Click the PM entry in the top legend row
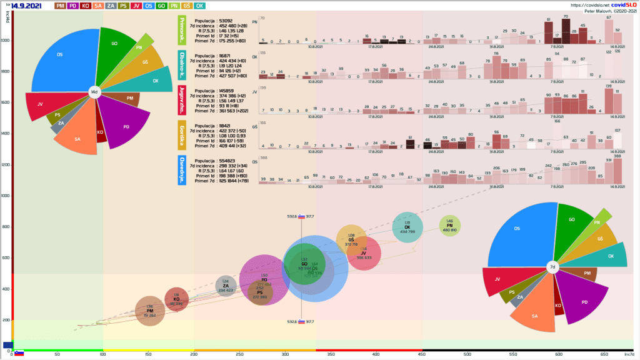tap(61, 6)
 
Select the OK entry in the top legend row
tap(199, 6)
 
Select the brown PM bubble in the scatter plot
tap(149, 309)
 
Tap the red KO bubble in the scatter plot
tap(176, 299)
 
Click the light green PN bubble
tap(449, 226)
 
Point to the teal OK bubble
tap(407, 227)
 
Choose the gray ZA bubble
tap(226, 286)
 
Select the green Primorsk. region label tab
tap(182, 31)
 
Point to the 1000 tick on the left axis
tap(6, 196)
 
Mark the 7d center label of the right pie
tap(552, 267)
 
